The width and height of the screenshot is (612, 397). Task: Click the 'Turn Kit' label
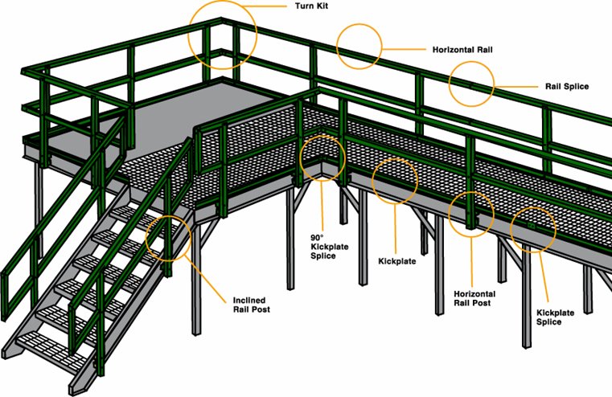click(309, 6)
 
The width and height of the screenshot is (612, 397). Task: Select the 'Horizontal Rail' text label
click(462, 49)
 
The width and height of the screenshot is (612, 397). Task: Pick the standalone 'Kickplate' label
click(396, 261)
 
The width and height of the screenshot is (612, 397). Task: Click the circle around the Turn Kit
click(223, 33)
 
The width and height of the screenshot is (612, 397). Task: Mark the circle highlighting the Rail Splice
click(471, 82)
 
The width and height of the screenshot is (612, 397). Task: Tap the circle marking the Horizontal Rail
click(358, 47)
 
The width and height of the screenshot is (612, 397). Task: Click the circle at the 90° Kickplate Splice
click(322, 158)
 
